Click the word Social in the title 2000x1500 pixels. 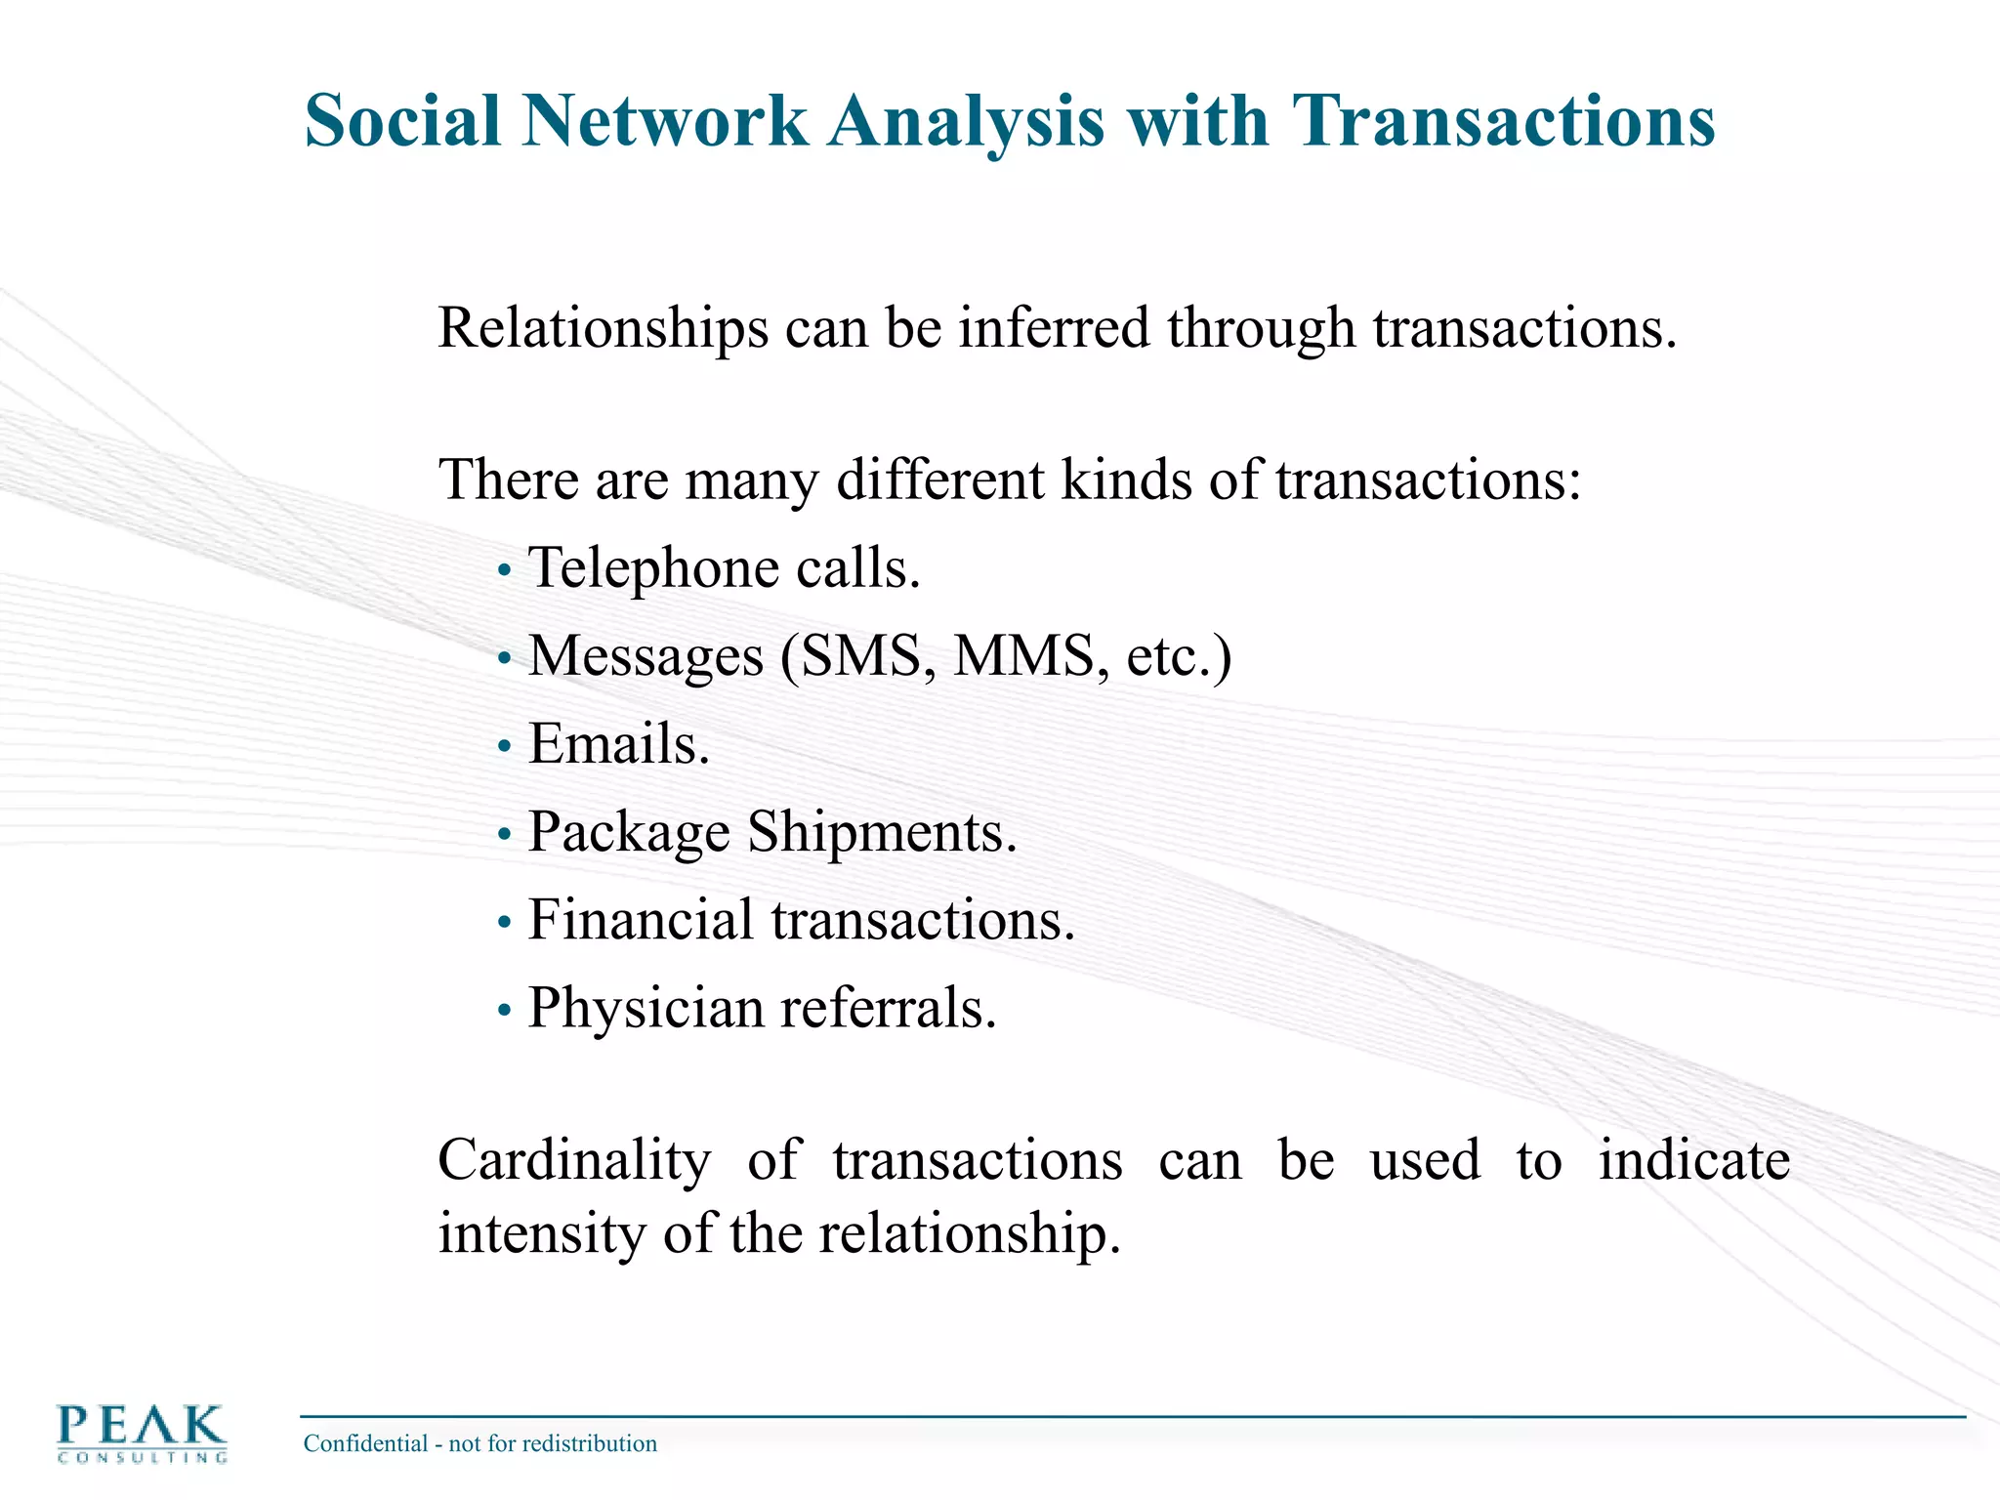click(x=402, y=121)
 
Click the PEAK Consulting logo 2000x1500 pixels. click(x=142, y=1433)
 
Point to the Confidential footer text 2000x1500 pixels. click(x=479, y=1443)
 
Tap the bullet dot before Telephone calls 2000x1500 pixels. click(x=504, y=570)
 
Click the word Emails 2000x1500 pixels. click(x=618, y=744)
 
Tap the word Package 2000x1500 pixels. click(x=629, y=834)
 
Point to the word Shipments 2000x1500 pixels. click(x=882, y=832)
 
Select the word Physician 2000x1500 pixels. click(x=646, y=1009)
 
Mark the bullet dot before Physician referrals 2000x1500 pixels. click(x=504, y=1011)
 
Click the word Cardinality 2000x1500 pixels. click(x=574, y=1161)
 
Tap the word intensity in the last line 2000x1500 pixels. click(x=542, y=1233)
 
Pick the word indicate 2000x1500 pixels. click(x=1693, y=1160)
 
